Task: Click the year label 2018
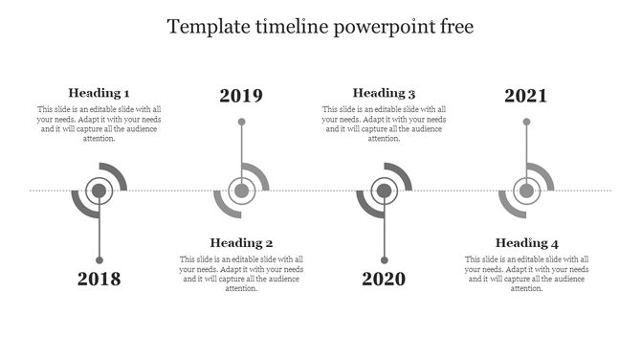[x=99, y=280]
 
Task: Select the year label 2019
[x=241, y=96]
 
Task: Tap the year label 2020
[x=384, y=280]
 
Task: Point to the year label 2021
[x=526, y=96]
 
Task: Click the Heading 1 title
[x=99, y=93]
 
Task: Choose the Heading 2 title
[x=242, y=243]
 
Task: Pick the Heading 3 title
[x=384, y=93]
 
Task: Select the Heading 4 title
[x=527, y=243]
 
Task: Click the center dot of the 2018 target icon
[x=99, y=191]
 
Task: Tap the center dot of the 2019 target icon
[x=241, y=191]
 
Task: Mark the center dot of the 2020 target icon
[x=384, y=191]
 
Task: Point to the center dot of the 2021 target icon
[x=526, y=191]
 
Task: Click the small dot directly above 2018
[x=99, y=260]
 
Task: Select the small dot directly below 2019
[x=241, y=123]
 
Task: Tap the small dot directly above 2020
[x=384, y=260]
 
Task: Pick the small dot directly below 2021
[x=526, y=123]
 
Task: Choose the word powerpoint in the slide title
[x=376, y=27]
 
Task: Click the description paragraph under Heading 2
[x=242, y=274]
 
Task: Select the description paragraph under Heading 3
[x=384, y=124]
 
